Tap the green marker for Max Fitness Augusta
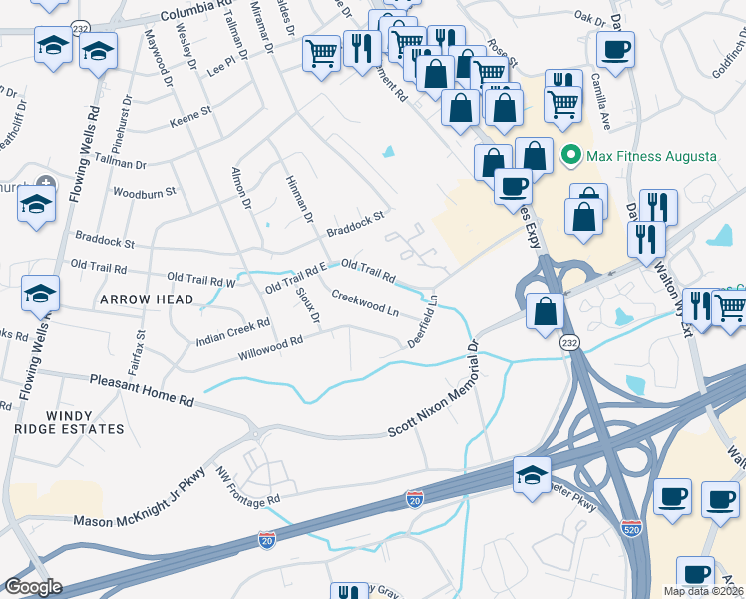[x=571, y=157]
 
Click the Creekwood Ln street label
[x=365, y=303]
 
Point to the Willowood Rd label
[x=269, y=349]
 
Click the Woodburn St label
[x=145, y=191]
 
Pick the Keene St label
[x=186, y=118]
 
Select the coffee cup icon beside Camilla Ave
[x=615, y=48]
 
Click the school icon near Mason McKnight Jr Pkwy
[x=533, y=473]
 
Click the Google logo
[x=34, y=586]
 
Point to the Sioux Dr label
[x=307, y=305]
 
